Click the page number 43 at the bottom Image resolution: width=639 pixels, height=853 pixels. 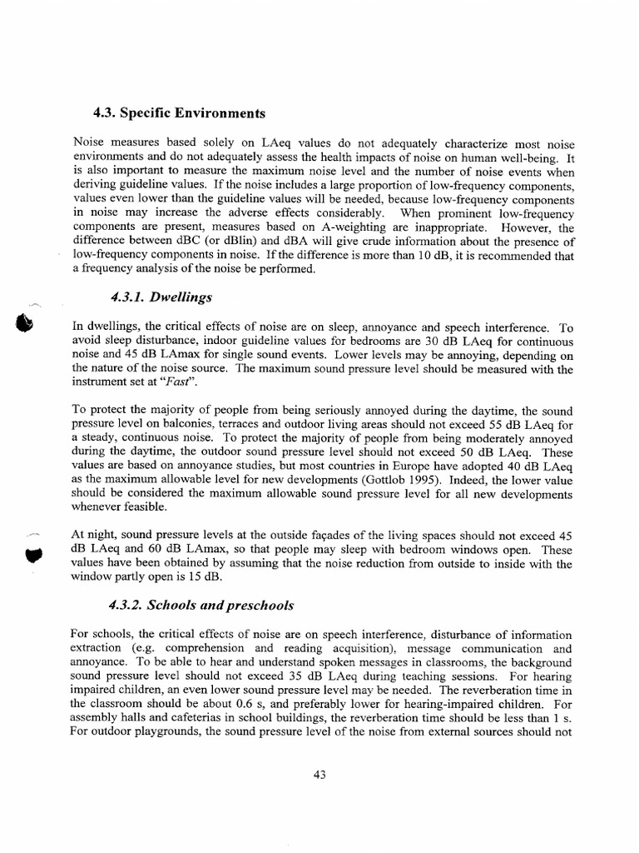pos(319,775)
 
